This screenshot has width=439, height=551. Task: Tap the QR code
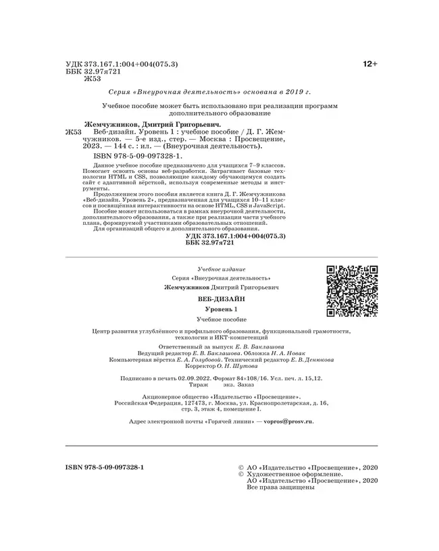352,291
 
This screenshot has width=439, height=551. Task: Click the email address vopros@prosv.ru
290,420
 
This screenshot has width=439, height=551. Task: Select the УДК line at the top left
121,63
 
